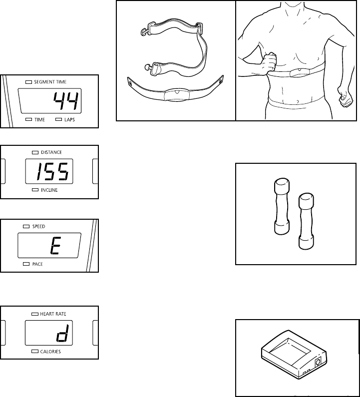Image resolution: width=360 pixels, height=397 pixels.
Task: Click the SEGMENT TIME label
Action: (x=50, y=81)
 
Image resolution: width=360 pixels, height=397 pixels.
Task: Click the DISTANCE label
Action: (x=51, y=152)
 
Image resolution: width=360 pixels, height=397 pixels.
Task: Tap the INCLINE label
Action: (x=49, y=190)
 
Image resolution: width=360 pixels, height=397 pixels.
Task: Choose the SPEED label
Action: (x=38, y=226)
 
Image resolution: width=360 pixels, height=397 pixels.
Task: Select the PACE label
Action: (x=37, y=264)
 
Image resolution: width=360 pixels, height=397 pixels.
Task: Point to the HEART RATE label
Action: (x=53, y=314)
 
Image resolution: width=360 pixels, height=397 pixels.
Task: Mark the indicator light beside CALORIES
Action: (x=34, y=352)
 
